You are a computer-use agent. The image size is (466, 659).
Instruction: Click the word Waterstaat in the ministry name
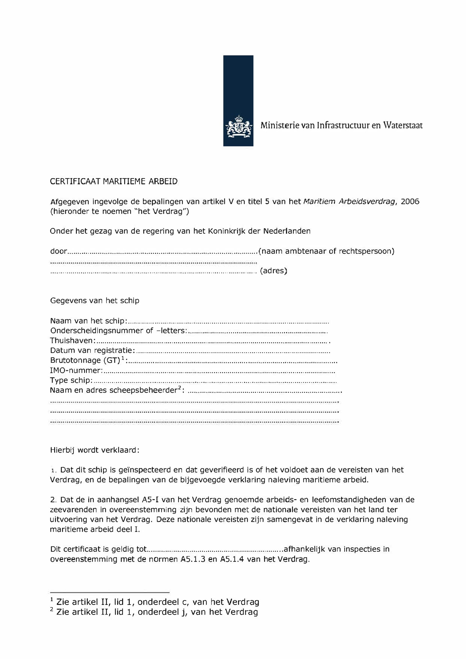(403, 125)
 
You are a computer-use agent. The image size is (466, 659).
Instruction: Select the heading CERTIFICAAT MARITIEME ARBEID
(114, 181)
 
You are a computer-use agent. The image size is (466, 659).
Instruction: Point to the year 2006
(410, 202)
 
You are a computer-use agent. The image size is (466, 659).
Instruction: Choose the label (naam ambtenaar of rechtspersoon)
(326, 252)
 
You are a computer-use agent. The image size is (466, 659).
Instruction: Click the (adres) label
(273, 271)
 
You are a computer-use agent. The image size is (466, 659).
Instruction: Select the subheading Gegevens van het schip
(95, 300)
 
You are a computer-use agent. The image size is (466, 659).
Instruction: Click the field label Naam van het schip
(88, 321)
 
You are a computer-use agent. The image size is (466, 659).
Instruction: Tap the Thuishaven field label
(73, 341)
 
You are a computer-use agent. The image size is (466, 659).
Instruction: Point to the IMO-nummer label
(76, 371)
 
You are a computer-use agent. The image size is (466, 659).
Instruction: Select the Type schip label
(71, 380)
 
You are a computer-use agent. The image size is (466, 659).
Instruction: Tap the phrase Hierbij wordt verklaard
(94, 450)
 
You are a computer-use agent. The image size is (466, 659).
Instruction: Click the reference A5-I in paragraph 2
(149, 500)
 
